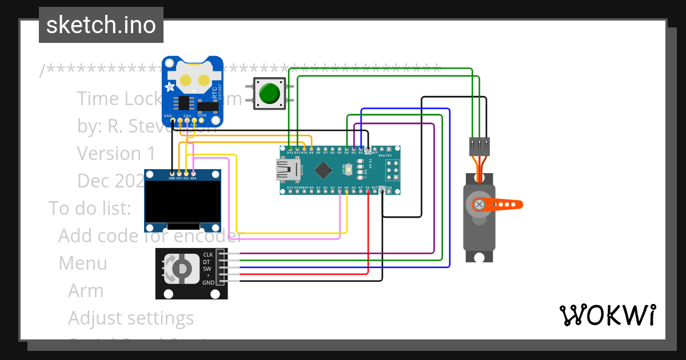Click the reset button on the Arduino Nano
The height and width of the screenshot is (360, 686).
click(348, 170)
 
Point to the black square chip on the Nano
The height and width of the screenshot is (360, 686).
click(324, 170)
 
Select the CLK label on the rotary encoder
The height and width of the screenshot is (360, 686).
click(208, 254)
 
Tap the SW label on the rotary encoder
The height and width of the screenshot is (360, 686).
click(208, 269)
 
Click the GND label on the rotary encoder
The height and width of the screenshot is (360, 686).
click(208, 282)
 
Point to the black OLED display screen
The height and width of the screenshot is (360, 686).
click(183, 202)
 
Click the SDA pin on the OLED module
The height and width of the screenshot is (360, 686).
click(193, 173)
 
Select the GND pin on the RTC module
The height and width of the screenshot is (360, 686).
click(168, 121)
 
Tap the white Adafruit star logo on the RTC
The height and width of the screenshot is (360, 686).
click(170, 87)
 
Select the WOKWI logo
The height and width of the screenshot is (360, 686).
click(607, 315)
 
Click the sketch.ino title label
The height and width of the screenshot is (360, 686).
click(101, 25)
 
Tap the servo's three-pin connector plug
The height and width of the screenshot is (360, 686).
click(479, 147)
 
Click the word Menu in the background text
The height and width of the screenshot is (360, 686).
click(83, 263)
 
